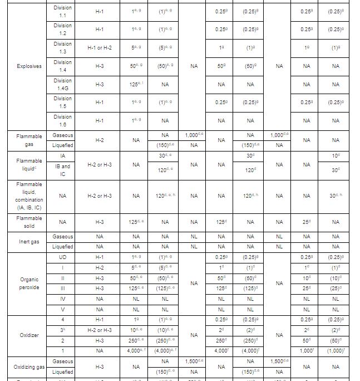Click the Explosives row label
[29, 66]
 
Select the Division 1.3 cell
[62, 48]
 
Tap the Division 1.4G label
[62, 84]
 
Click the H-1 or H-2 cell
[100, 48]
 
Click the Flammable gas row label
[29, 140]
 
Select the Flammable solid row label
[29, 222]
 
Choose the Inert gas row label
[29, 242]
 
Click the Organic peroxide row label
[29, 284]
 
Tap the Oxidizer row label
[29, 335]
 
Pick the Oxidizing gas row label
[29, 367]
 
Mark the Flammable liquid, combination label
[29, 196]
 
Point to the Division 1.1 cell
[62, 11]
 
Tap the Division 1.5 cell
[62, 102]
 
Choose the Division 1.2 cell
[62, 29]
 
